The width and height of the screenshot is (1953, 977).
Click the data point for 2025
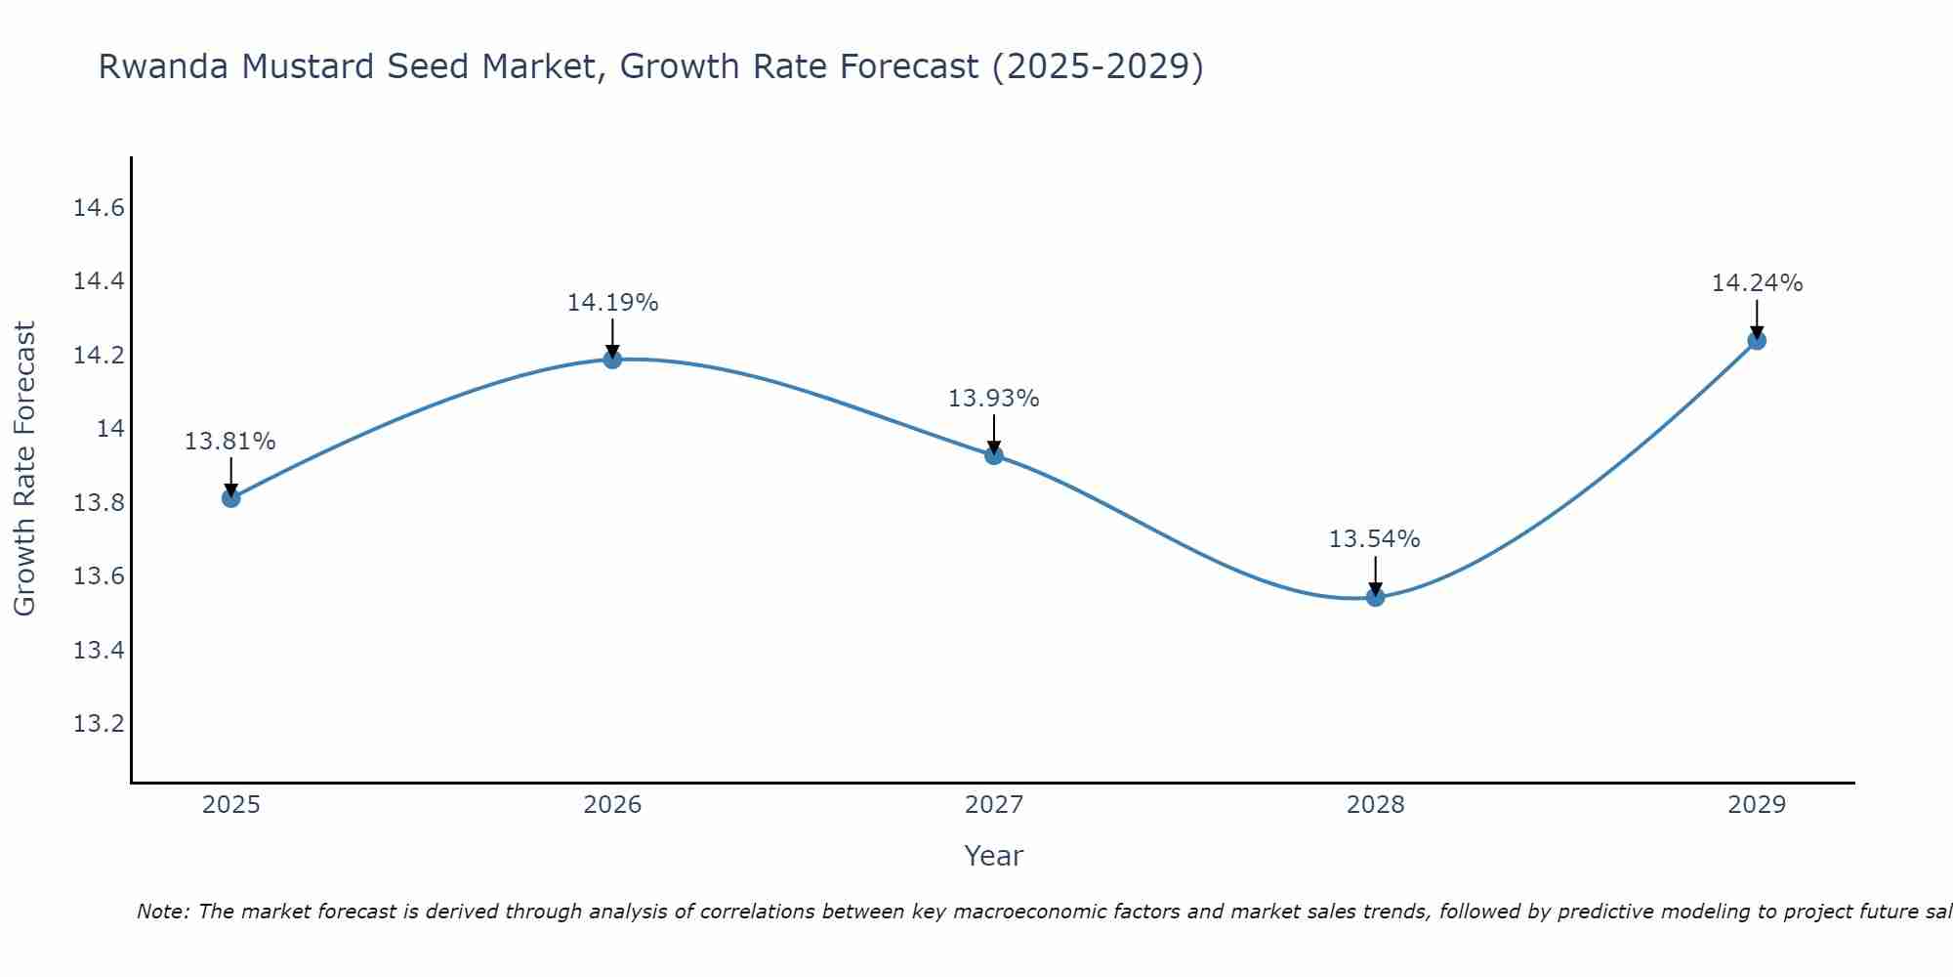(230, 498)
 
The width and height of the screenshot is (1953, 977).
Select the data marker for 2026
(612, 359)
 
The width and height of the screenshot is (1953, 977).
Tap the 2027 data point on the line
(994, 454)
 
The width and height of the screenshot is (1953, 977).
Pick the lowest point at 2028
(1375, 597)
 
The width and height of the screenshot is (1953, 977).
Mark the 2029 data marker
(1757, 340)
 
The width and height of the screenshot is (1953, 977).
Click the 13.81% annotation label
(230, 442)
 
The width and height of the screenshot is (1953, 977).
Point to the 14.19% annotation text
(612, 303)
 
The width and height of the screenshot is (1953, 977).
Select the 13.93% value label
(994, 399)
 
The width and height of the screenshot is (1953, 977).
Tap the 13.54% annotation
(1375, 539)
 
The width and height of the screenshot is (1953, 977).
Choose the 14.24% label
(1757, 283)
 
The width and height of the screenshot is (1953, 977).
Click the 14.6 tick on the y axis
(99, 208)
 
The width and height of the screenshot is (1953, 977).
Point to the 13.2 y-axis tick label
(99, 724)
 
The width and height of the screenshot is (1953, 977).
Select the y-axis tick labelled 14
(110, 429)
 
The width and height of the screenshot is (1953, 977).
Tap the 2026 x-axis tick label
(612, 805)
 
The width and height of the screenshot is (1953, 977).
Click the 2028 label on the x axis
(1375, 805)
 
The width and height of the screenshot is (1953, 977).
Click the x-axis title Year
(993, 856)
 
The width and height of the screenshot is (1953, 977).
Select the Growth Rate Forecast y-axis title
(24, 469)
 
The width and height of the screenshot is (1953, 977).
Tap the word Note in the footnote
(161, 912)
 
